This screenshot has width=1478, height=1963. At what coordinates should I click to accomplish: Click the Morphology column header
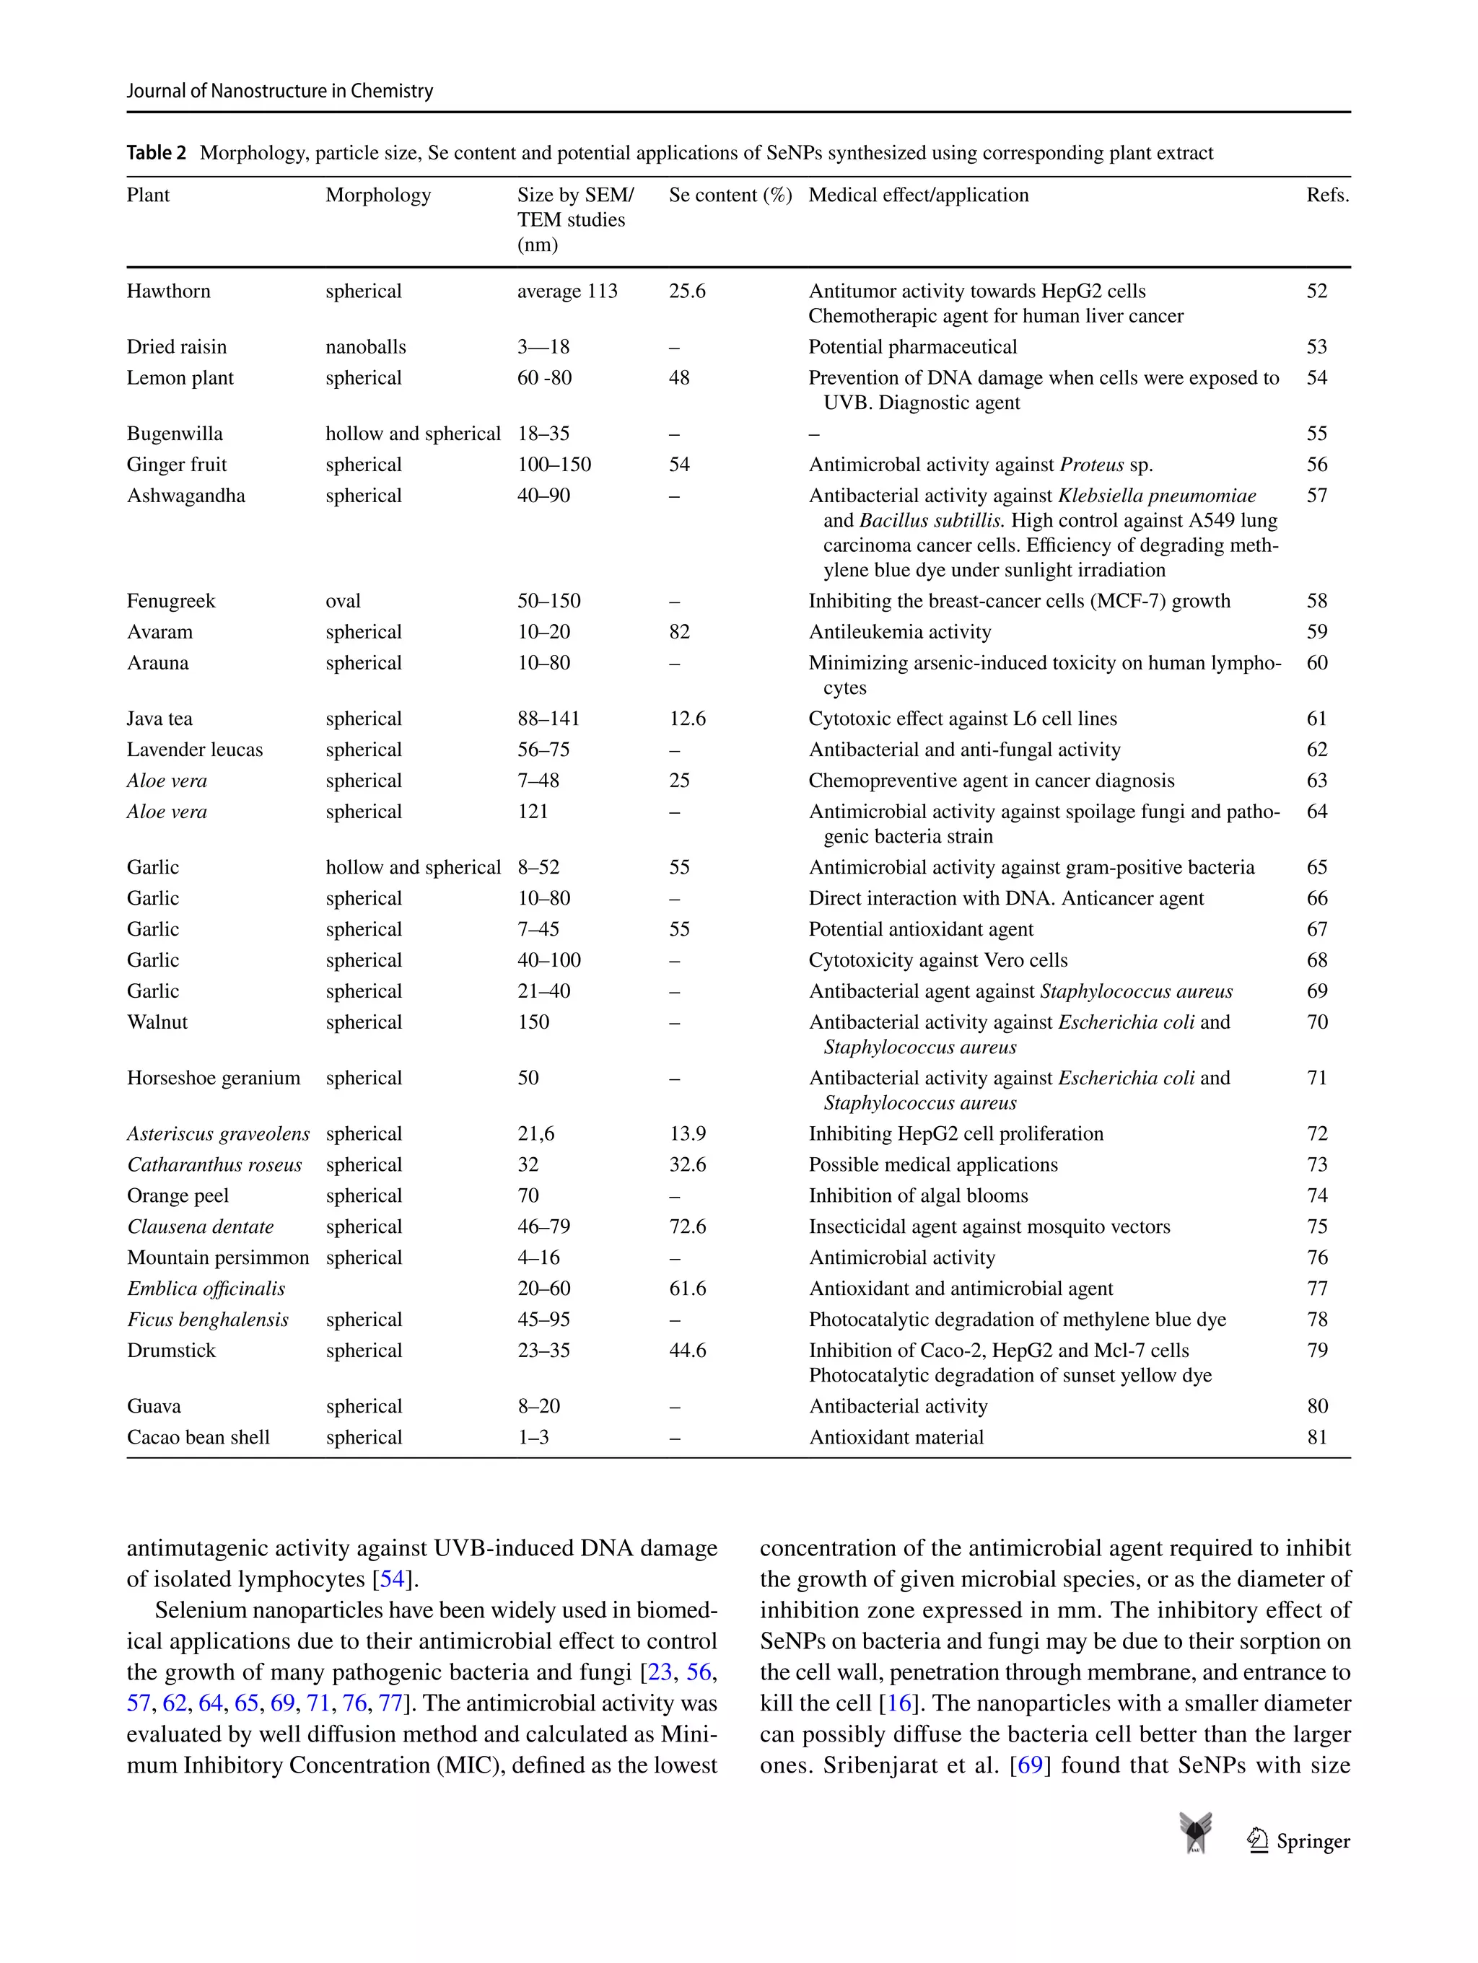click(x=377, y=196)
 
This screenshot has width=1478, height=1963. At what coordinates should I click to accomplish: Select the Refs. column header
click(x=1326, y=196)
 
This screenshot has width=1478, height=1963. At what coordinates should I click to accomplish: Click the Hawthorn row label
click(x=169, y=291)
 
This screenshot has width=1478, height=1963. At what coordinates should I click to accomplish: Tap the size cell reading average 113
click(x=567, y=291)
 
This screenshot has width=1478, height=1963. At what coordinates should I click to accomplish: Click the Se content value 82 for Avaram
click(x=679, y=632)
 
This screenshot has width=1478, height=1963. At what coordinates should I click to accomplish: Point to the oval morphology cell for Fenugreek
click(x=343, y=601)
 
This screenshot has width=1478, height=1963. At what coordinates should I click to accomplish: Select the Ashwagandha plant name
click(x=185, y=495)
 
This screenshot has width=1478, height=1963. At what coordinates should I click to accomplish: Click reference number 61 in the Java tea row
click(x=1316, y=719)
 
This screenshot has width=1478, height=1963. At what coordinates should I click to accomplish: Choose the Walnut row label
click(x=157, y=1022)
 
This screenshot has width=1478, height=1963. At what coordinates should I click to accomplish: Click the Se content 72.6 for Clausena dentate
click(x=687, y=1226)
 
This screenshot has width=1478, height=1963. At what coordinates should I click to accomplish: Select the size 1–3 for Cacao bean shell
click(x=533, y=1438)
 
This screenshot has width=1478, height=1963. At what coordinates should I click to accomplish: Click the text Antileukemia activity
click(x=899, y=632)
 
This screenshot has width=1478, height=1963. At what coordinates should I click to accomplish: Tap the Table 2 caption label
click(x=156, y=153)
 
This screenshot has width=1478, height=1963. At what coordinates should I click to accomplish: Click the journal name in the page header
click(x=279, y=90)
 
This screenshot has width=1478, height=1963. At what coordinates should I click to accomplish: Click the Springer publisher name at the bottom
click(x=1312, y=1841)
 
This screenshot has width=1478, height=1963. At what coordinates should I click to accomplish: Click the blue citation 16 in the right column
click(x=898, y=1703)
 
